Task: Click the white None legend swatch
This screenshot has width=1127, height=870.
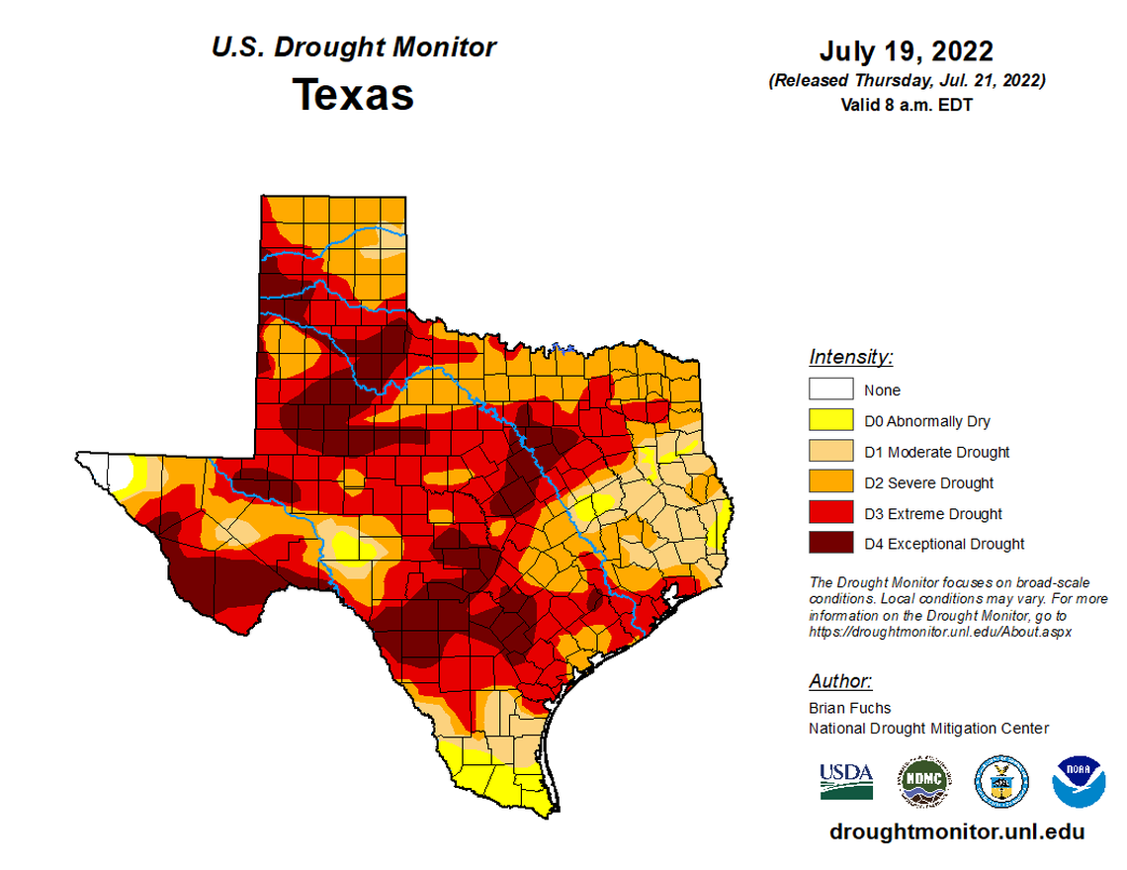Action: [x=829, y=390]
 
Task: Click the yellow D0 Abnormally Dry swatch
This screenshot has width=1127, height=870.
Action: [x=829, y=421]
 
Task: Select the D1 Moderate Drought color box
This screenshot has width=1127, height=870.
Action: [x=829, y=452]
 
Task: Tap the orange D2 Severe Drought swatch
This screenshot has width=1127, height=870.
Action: [x=829, y=482]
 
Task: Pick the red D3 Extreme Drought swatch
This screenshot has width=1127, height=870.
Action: [x=829, y=513]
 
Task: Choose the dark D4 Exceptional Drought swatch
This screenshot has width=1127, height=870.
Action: [x=829, y=544]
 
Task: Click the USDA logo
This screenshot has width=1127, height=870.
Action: [x=846, y=780]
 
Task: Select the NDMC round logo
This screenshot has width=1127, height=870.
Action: [x=924, y=780]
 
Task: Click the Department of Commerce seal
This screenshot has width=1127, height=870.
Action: [x=1001, y=780]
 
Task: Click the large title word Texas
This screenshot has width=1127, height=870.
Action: [x=353, y=95]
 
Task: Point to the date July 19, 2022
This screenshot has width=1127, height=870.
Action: [x=906, y=51]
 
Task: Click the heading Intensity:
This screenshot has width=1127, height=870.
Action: [x=850, y=357]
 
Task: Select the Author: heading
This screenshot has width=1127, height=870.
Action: [x=840, y=681]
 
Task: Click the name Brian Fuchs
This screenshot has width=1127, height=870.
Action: [x=849, y=708]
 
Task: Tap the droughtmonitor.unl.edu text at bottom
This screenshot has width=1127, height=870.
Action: [x=957, y=831]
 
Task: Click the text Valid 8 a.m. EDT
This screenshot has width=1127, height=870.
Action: [x=906, y=104]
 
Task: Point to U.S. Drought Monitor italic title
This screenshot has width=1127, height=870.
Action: [x=353, y=46]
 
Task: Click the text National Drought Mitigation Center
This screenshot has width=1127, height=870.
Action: [x=928, y=729]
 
